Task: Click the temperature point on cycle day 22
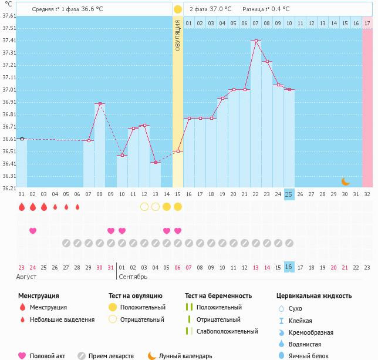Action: pos(256,41)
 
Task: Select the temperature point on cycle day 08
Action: pos(100,104)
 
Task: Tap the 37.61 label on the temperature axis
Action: pos(8,16)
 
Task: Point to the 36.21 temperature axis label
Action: pos(8,189)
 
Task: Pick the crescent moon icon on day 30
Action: pos(346,181)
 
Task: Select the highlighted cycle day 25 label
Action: pos(289,194)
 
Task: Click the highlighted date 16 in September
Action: pos(289,267)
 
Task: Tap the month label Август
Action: pos(27,276)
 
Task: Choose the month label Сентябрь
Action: pos(133,276)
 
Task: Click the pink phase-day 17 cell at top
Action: pos(367,23)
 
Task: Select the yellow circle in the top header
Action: pos(178,9)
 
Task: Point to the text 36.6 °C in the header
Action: pos(92,9)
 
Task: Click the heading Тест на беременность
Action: pos(218,295)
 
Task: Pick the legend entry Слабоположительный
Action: pos(227,331)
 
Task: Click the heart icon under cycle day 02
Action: pos(33,231)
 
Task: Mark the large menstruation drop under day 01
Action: pos(22,207)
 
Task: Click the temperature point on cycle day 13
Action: pos(156,163)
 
